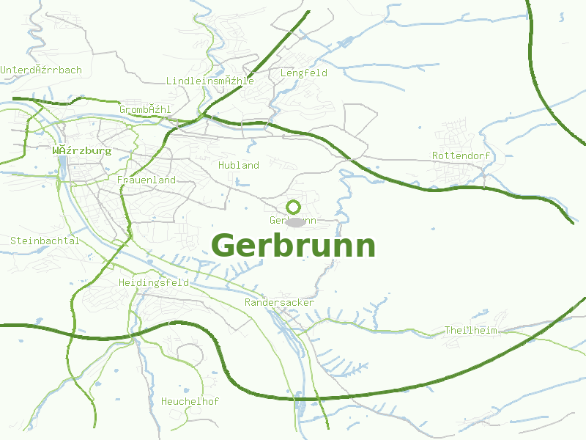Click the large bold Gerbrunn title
(293, 246)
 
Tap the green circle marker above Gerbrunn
(294, 207)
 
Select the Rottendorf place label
(461, 155)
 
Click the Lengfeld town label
(303, 73)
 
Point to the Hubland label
(239, 165)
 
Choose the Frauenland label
(146, 180)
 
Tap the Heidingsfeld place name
(153, 282)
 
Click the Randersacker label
(279, 302)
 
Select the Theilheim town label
(470, 330)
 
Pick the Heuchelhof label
(190, 401)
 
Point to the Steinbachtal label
(45, 241)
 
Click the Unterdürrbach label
(41, 70)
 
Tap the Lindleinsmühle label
(210, 81)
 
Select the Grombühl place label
(145, 109)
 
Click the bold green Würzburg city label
(82, 150)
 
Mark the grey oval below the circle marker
(295, 221)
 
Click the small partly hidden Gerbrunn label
(292, 220)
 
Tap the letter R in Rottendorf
(435, 155)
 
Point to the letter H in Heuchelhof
(164, 401)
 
